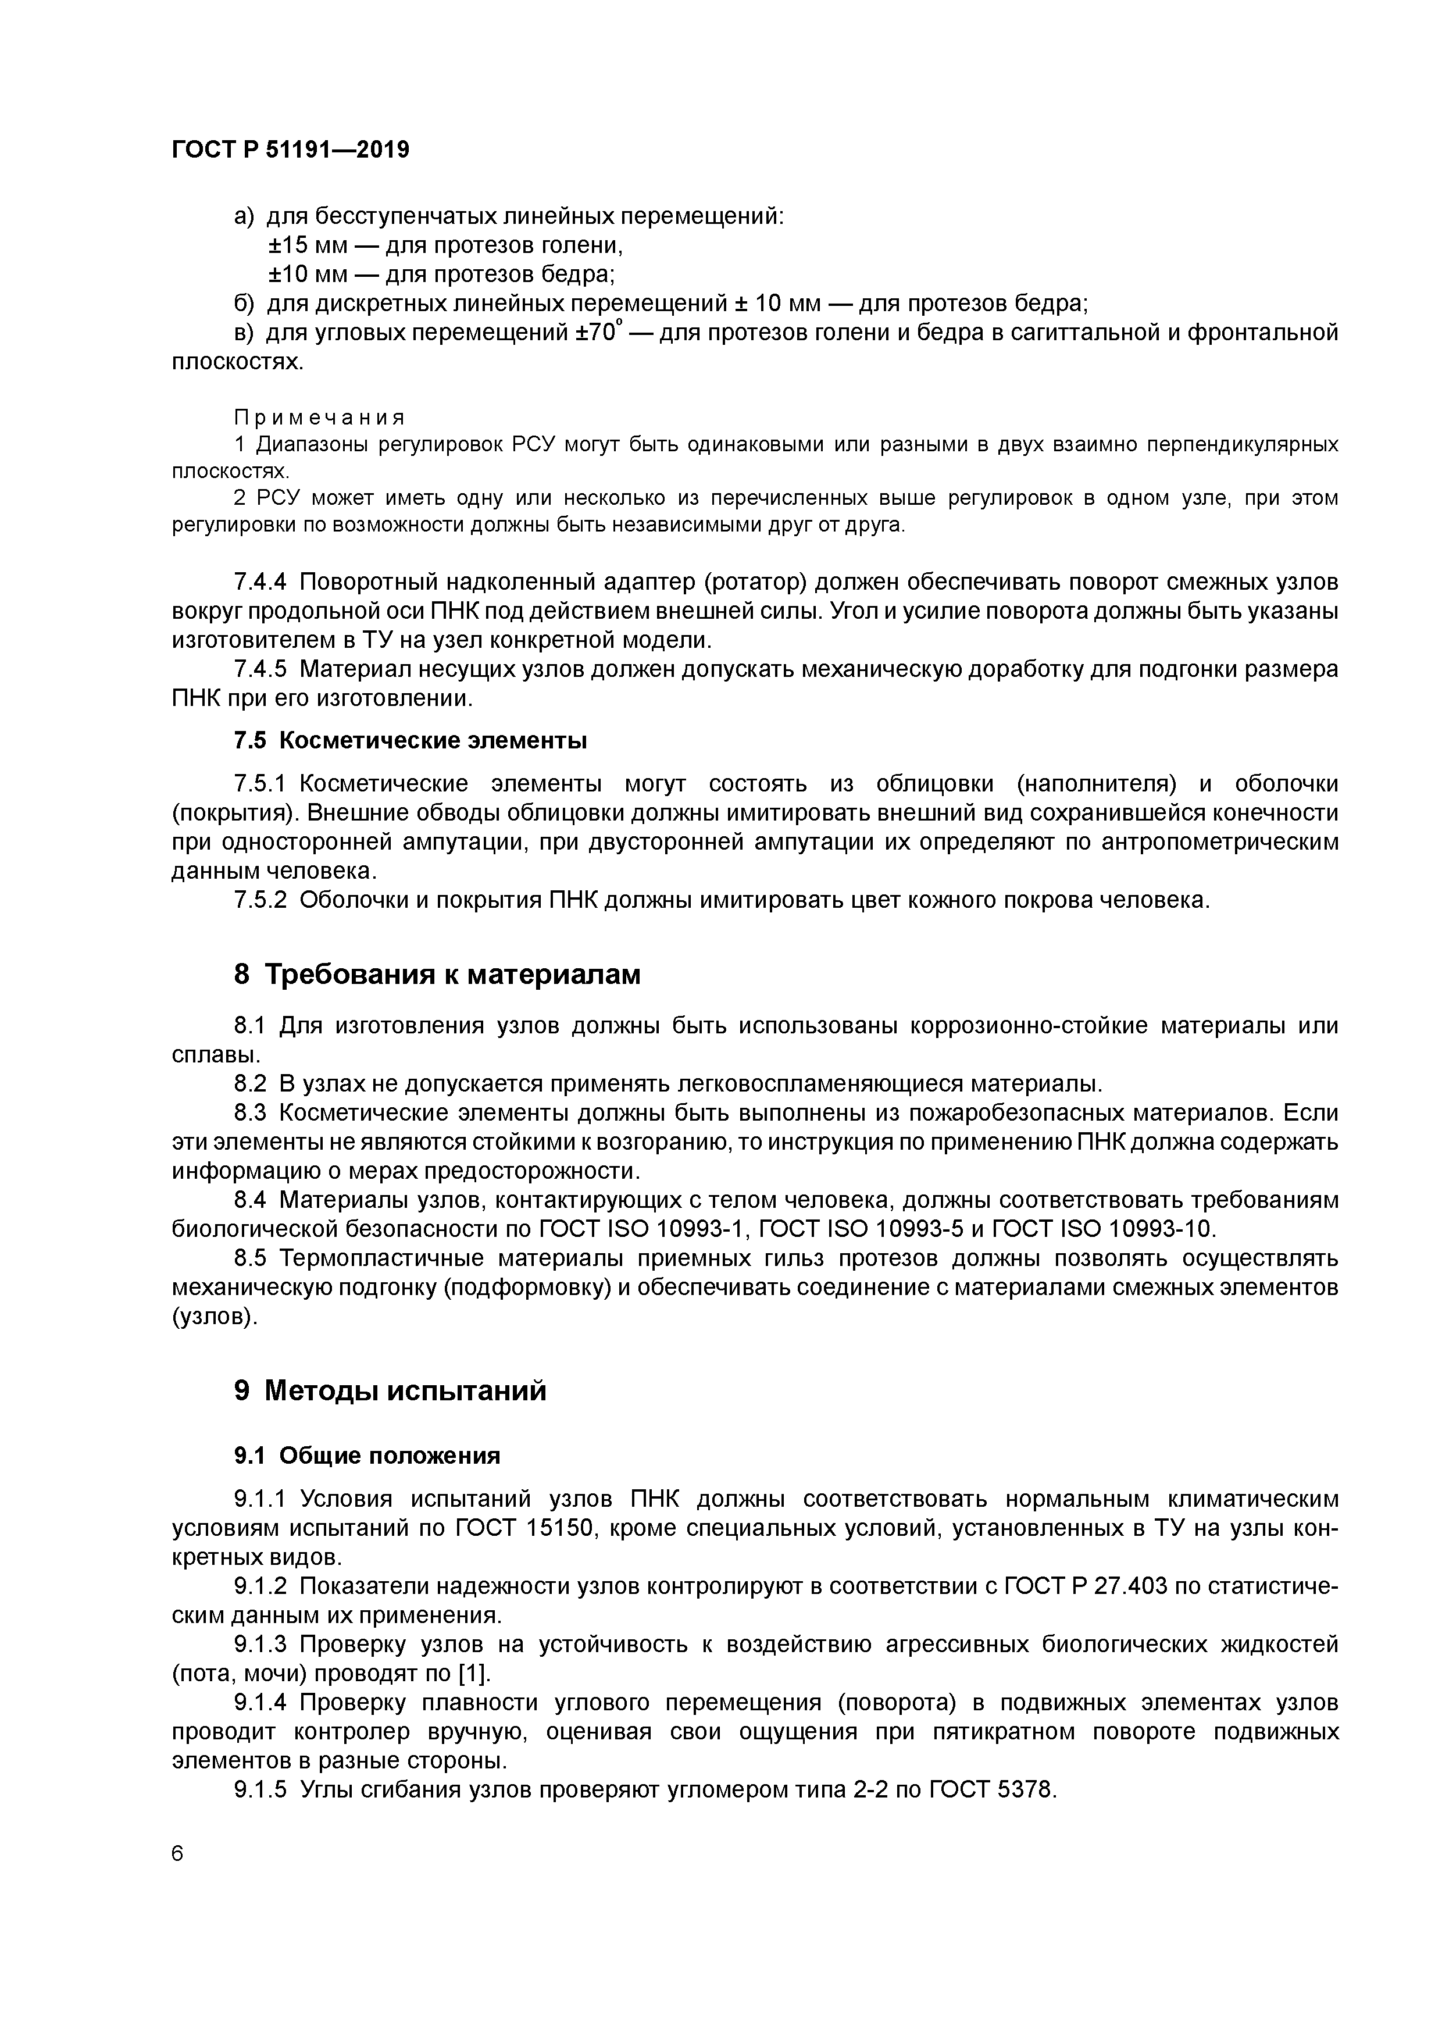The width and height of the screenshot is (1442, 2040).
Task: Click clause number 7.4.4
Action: point(260,582)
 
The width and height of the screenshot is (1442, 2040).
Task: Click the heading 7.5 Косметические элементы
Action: point(411,740)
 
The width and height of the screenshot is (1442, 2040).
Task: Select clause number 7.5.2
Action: point(260,900)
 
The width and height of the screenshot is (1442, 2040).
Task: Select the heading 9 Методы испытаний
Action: point(390,1390)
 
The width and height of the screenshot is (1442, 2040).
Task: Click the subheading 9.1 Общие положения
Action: point(367,1456)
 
